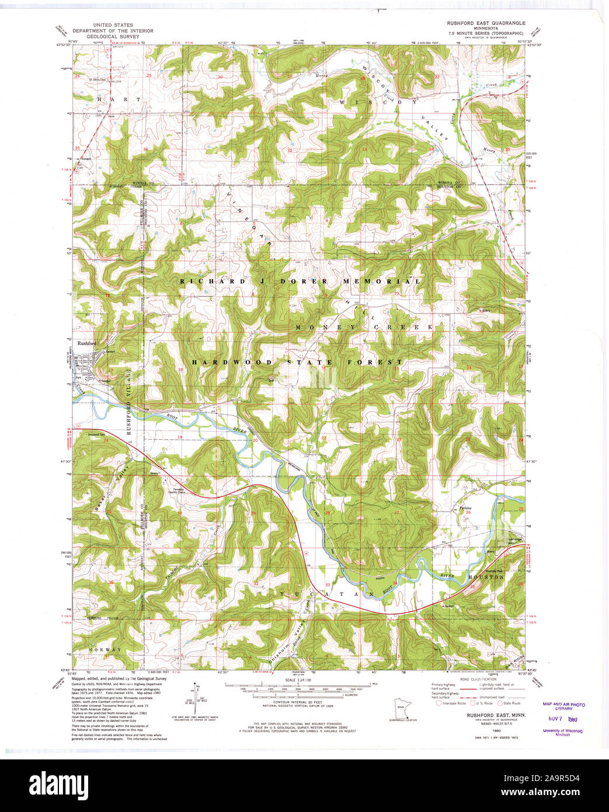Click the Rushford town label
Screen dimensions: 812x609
pos(85,344)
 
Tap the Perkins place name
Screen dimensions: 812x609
pos(465,508)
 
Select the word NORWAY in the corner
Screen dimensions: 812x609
pos(105,650)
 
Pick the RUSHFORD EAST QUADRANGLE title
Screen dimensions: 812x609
pos(486,23)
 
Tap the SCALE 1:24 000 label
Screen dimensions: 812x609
pos(297,680)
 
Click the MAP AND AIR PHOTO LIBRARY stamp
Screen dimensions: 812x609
pos(563,706)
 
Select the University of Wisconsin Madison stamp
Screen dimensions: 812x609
pos(563,733)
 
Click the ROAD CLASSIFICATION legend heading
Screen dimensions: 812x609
pos(479,679)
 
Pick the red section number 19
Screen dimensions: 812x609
pos(180,437)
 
